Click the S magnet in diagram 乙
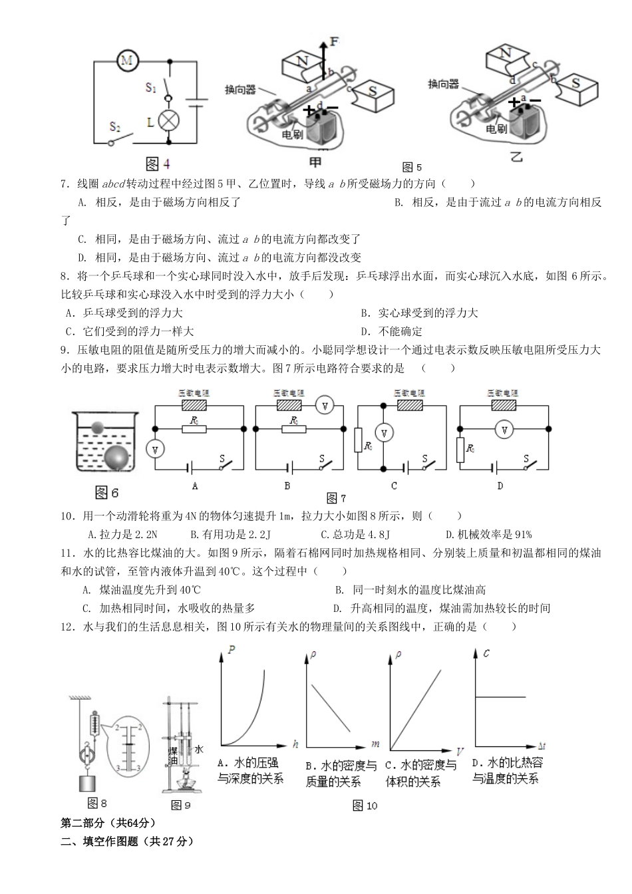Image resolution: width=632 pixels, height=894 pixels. pyautogui.click(x=576, y=84)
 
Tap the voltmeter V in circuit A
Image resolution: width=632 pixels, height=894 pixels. pyautogui.click(x=155, y=449)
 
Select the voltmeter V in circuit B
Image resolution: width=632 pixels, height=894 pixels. pyautogui.click(x=323, y=404)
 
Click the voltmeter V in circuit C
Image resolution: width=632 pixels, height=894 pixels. pyautogui.click(x=383, y=433)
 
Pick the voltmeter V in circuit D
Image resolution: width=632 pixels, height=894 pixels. pyautogui.click(x=504, y=430)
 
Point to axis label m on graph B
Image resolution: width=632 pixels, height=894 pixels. pyautogui.click(x=375, y=743)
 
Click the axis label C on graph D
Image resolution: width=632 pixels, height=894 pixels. pyautogui.click(x=487, y=653)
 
